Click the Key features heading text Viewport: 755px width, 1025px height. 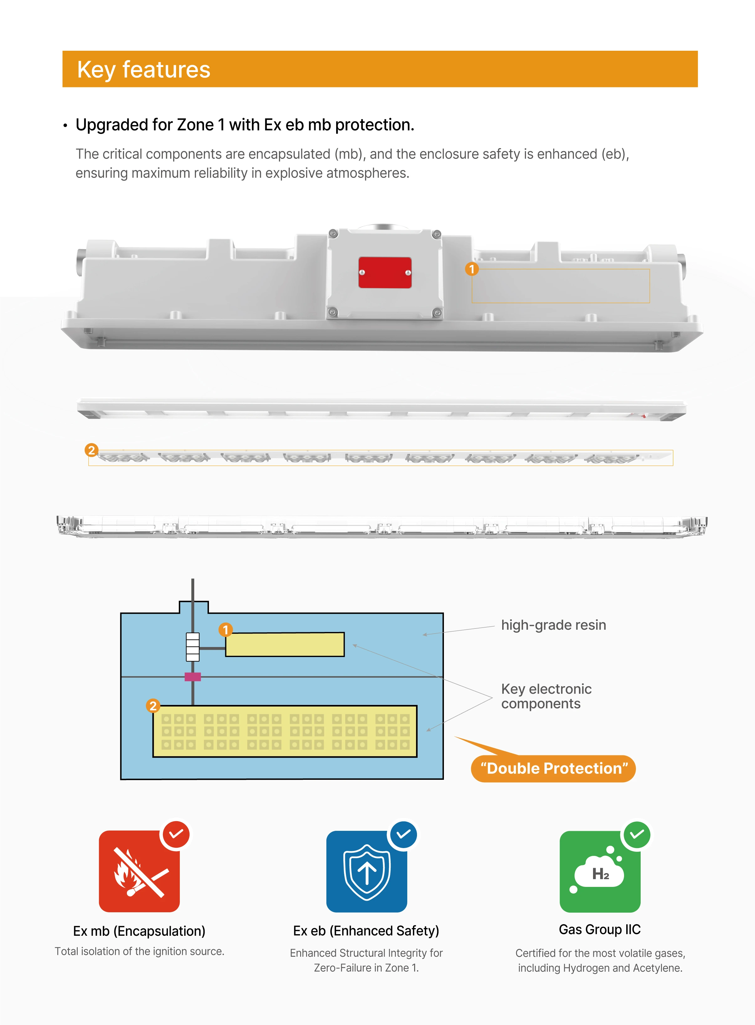[x=143, y=70]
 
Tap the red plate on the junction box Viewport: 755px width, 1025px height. [x=385, y=273]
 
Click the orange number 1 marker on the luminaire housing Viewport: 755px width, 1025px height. [x=472, y=269]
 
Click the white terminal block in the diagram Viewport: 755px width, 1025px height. [x=192, y=647]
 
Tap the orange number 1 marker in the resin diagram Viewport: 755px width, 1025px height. [x=225, y=630]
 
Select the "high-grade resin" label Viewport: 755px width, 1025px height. [x=554, y=625]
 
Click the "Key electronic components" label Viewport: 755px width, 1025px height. [x=546, y=696]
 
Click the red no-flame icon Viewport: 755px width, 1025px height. [x=139, y=871]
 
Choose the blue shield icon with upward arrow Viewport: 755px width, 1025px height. [x=367, y=871]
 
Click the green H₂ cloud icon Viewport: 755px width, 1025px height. [x=600, y=871]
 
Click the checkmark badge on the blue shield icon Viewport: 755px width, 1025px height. [x=403, y=835]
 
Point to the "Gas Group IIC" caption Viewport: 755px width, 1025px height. [x=600, y=929]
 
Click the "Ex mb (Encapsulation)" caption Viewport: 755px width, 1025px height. [x=139, y=931]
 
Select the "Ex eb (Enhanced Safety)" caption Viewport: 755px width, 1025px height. [x=366, y=931]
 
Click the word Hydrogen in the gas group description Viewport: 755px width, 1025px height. [x=587, y=968]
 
